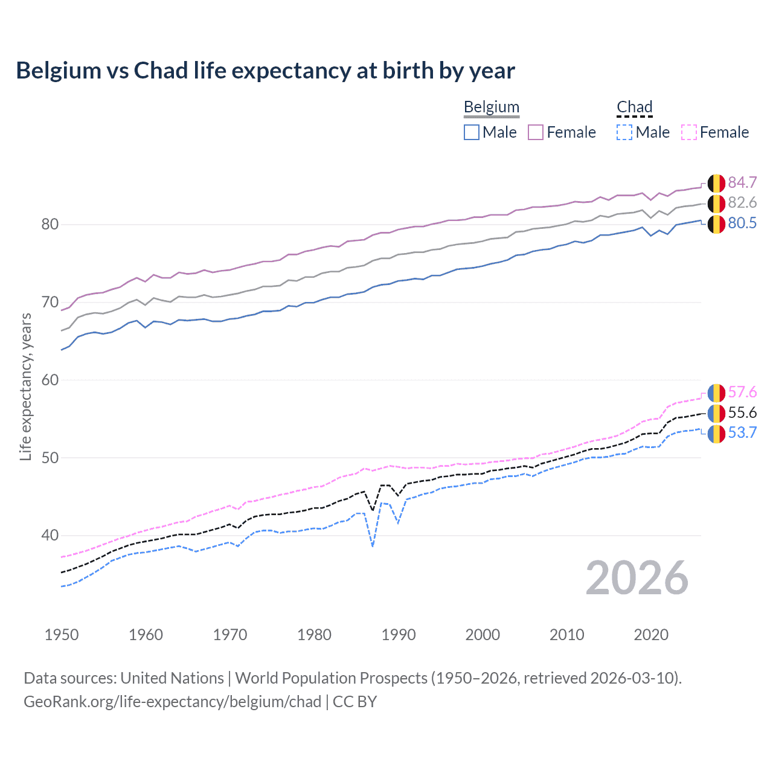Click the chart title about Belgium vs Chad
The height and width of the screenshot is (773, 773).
point(265,71)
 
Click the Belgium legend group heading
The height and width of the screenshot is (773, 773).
point(491,107)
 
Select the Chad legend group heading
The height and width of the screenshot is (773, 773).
point(634,107)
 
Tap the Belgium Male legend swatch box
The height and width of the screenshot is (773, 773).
point(472,132)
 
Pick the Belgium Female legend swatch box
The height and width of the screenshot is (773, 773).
point(536,132)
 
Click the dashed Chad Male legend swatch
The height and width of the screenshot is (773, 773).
point(624,132)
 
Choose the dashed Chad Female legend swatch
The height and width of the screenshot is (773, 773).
point(688,132)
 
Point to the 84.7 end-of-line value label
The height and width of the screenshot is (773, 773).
point(742,182)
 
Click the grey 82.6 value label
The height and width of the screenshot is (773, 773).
point(742,202)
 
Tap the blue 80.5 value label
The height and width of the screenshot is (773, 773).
point(742,223)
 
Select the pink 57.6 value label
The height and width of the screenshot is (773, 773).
point(742,392)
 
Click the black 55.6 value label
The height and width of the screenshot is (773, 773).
point(742,412)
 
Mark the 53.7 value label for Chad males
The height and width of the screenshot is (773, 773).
point(742,432)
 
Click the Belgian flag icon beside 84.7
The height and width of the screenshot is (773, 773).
point(716,183)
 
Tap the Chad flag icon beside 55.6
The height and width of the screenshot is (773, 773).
point(716,413)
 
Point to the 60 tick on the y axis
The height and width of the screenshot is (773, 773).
point(50,380)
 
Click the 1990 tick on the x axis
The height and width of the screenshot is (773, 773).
point(399,635)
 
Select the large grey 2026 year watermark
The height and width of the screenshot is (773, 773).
point(637,578)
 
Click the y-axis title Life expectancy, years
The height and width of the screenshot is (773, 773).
point(25,386)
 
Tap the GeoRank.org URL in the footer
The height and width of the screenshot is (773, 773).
point(172,701)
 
